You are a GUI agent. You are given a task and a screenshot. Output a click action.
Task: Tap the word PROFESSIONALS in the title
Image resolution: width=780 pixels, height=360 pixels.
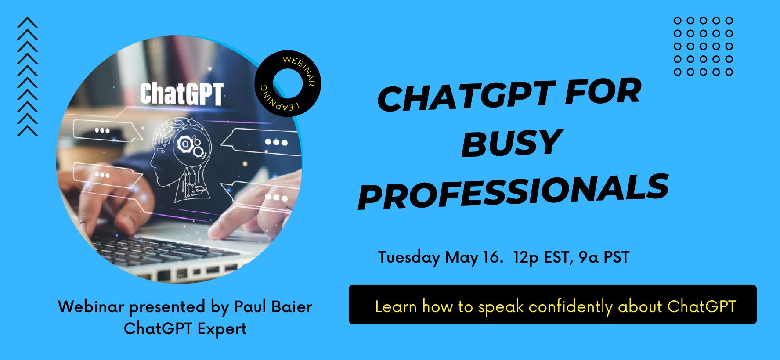(513, 191)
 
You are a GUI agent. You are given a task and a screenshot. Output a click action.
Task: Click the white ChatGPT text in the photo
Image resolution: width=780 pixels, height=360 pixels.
(182, 94)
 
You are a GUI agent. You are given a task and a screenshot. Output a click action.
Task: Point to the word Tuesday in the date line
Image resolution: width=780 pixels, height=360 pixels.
(409, 257)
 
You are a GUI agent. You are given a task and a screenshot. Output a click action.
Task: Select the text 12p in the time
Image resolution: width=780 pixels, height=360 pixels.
(525, 257)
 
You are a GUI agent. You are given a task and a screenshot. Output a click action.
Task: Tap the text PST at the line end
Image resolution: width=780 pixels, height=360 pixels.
(616, 257)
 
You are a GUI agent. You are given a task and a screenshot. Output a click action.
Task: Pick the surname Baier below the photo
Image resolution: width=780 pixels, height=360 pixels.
(292, 306)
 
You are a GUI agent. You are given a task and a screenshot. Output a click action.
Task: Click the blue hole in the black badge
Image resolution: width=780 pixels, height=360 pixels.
(288, 83)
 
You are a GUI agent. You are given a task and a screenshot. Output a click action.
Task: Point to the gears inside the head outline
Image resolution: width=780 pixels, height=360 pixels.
(191, 145)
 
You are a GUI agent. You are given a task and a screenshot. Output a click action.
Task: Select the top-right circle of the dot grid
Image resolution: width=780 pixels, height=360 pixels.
(729, 20)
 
